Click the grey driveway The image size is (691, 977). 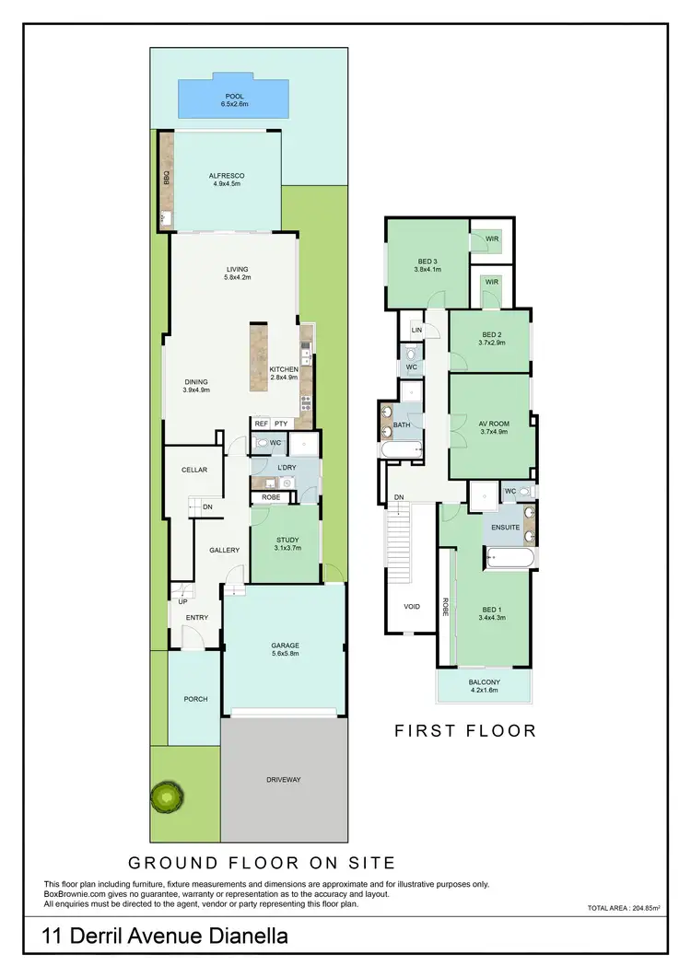(x=284, y=779)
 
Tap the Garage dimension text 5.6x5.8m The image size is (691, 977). (x=285, y=655)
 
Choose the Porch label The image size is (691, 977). (x=195, y=699)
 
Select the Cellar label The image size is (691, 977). (x=194, y=470)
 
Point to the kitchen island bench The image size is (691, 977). (x=257, y=359)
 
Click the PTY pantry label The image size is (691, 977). (x=281, y=424)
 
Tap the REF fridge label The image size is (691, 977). (x=261, y=424)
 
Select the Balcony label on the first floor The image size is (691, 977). (x=484, y=681)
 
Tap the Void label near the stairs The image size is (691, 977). (x=412, y=607)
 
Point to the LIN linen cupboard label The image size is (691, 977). (x=416, y=329)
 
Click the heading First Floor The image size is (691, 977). (x=465, y=731)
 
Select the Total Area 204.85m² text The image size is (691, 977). (x=626, y=908)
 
